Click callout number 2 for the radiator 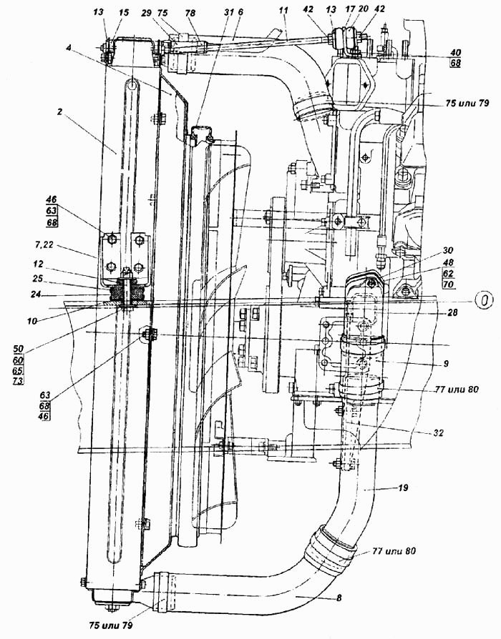pyautogui.click(x=60, y=112)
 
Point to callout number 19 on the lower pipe pyautogui.click(x=403, y=487)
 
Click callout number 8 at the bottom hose pyautogui.click(x=339, y=598)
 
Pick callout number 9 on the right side pyautogui.click(x=446, y=363)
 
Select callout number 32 pyautogui.click(x=438, y=433)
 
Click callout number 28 pyautogui.click(x=451, y=312)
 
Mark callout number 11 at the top pyautogui.click(x=284, y=12)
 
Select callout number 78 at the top pyautogui.click(x=190, y=14)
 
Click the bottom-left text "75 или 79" pyautogui.click(x=111, y=624)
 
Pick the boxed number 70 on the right pyautogui.click(x=448, y=284)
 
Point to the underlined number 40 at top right pyautogui.click(x=455, y=53)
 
